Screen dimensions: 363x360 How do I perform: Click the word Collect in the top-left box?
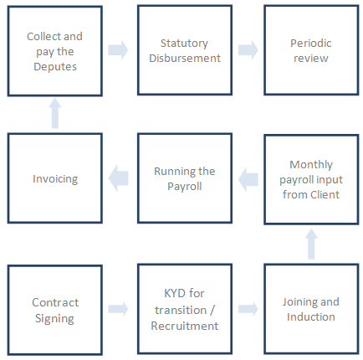[41, 36]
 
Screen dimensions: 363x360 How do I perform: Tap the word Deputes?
[55, 67]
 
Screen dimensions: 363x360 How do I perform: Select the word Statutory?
[184, 44]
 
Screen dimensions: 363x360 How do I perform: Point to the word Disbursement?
[185, 58]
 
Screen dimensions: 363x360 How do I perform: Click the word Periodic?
[311, 43]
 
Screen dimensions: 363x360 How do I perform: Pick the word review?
[311, 59]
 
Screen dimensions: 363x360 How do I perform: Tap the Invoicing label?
[55, 179]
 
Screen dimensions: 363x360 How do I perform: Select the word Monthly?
[311, 165]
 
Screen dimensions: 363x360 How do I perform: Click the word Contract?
[55, 302]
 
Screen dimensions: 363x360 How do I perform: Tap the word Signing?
[54, 318]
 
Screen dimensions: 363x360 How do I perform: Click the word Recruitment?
[185, 326]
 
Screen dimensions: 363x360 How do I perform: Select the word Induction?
[311, 316]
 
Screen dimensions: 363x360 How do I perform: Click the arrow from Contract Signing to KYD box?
[118, 309]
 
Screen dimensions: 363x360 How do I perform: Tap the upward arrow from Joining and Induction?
[311, 244]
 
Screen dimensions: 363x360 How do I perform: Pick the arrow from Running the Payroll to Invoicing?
[118, 178]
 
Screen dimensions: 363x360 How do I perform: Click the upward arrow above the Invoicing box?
[55, 113]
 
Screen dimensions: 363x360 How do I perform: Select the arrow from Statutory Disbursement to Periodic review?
[248, 50]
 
